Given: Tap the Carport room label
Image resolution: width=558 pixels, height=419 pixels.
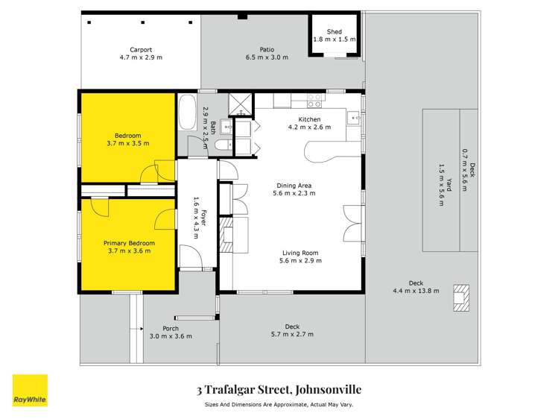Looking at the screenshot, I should click(140, 50).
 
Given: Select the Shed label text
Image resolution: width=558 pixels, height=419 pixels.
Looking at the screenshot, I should click(334, 32).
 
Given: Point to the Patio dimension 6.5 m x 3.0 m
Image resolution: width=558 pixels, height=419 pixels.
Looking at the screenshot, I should click(267, 57).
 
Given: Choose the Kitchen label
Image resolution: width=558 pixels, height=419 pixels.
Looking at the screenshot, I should click(309, 119).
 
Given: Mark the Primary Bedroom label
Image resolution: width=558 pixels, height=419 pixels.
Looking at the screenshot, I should click(129, 243).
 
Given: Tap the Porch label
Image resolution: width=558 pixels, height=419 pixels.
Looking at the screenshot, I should click(171, 328).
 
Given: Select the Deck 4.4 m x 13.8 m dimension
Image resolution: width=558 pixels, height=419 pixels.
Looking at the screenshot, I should click(414, 291).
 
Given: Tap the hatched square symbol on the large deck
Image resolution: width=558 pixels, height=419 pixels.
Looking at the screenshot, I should click(462, 297).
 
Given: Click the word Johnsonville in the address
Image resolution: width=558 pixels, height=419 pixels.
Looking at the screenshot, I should click(326, 388).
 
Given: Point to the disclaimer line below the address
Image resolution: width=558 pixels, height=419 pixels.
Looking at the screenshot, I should click(279, 405).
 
